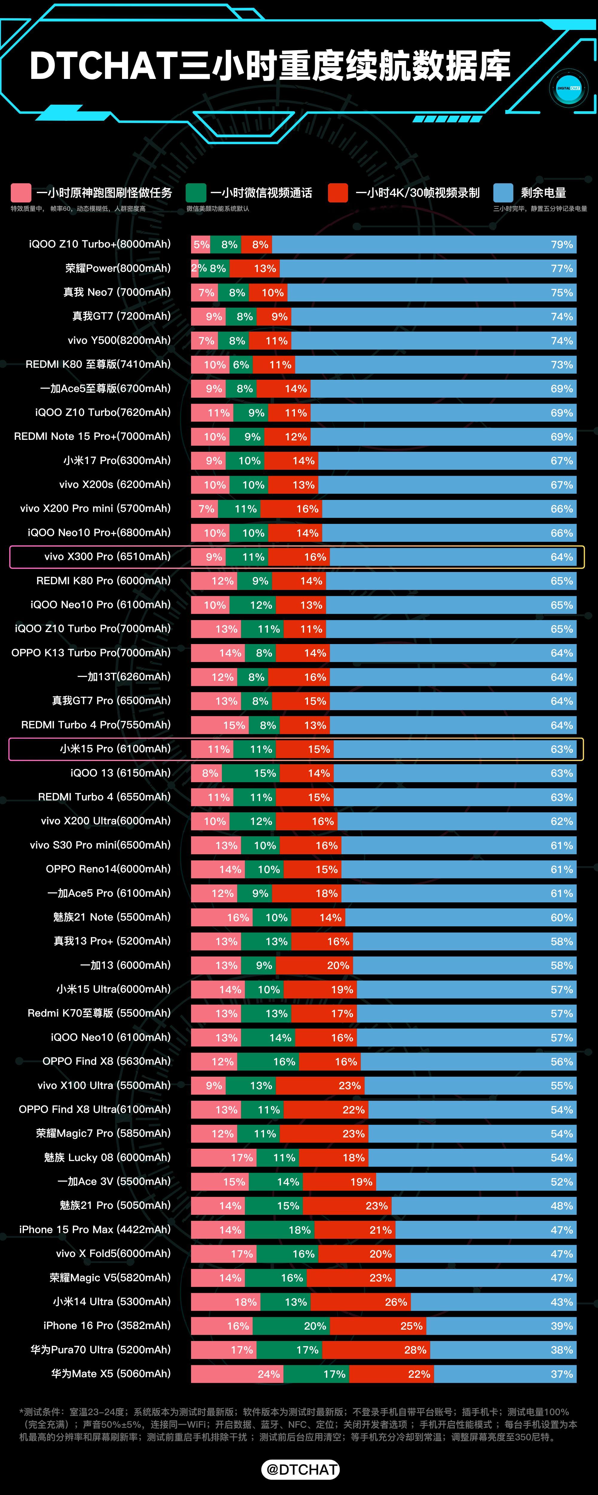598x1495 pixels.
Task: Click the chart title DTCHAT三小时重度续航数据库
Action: coord(270,65)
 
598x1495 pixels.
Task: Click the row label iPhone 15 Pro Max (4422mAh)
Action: coord(95,1229)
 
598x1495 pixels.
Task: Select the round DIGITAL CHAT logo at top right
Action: coord(568,88)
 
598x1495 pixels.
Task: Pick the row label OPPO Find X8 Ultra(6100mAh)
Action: coord(95,1109)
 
